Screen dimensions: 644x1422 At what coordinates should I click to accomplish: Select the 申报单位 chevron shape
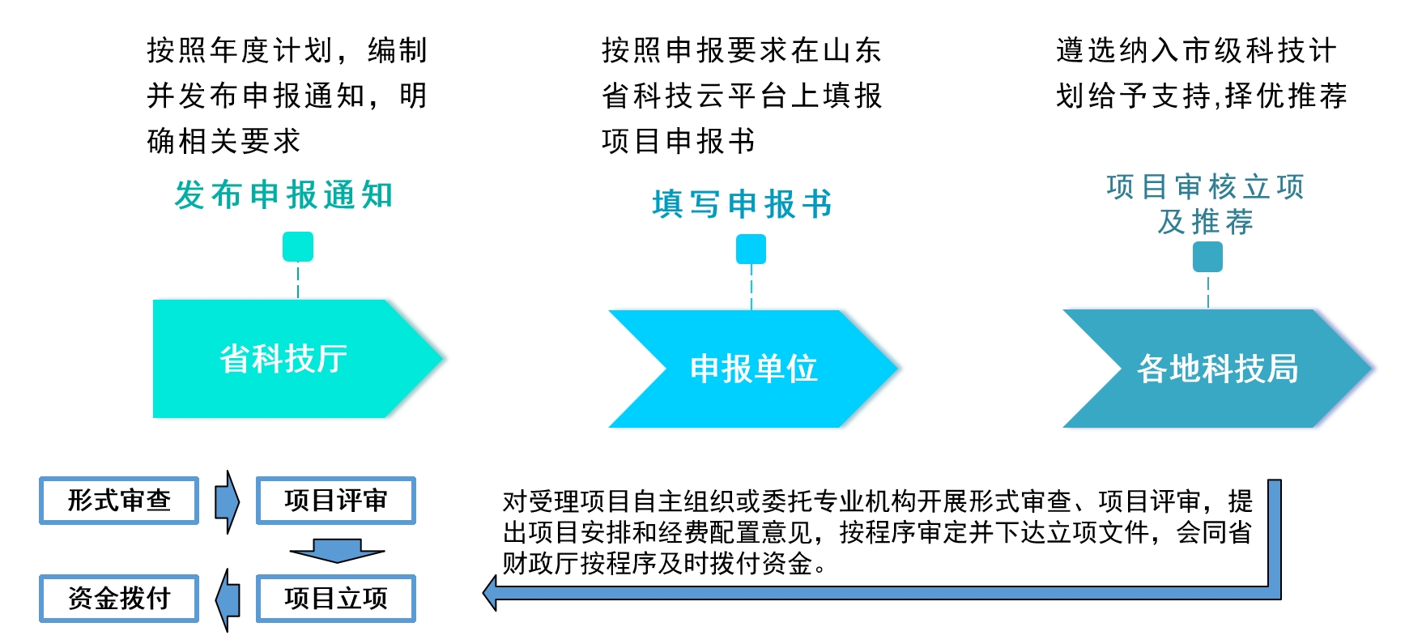click(753, 369)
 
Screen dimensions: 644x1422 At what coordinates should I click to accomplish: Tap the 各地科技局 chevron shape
click(1216, 369)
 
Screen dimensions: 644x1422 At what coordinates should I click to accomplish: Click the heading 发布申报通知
click(283, 195)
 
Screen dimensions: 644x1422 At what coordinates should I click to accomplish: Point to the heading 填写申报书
click(742, 204)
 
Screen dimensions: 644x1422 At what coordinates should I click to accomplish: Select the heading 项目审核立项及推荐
click(1206, 204)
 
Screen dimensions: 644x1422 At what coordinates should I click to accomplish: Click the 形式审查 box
click(119, 501)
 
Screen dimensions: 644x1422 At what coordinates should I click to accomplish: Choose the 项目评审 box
click(336, 501)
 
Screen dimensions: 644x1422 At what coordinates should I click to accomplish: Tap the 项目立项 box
click(336, 599)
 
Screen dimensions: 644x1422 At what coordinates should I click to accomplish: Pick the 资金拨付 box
click(119, 599)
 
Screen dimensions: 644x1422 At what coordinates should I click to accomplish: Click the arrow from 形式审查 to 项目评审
click(228, 501)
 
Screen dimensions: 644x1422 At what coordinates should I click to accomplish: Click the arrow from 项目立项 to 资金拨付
click(228, 599)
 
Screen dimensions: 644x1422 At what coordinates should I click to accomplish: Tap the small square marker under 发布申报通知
click(298, 246)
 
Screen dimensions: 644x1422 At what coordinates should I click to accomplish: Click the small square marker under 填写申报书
click(751, 249)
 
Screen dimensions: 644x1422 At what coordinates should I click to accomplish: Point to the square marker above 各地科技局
click(1207, 257)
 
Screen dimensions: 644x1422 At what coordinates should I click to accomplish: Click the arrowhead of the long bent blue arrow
click(491, 592)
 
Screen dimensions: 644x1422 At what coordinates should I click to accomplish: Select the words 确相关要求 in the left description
click(224, 142)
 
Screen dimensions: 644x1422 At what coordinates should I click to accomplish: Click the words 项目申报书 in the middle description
click(679, 142)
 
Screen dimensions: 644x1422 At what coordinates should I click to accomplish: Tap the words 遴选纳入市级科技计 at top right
click(1196, 51)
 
